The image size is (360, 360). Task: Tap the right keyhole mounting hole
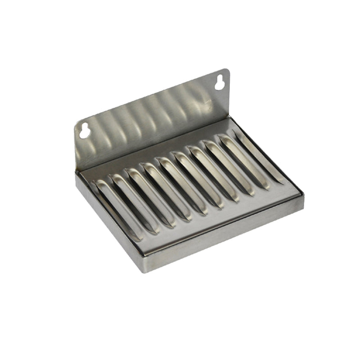tap(220, 82)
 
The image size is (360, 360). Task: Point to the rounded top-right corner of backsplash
tap(225, 71)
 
